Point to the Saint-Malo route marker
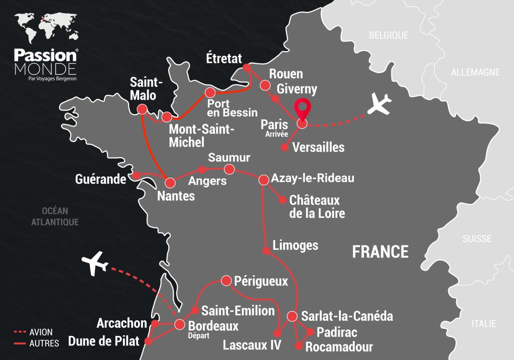click(x=142, y=109)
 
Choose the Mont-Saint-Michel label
click(x=201, y=136)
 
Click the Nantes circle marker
click(x=170, y=182)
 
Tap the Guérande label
click(x=100, y=179)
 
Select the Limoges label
click(x=295, y=245)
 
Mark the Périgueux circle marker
click(x=226, y=280)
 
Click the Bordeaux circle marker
click(x=180, y=325)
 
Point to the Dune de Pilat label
click(x=104, y=341)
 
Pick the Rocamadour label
click(x=339, y=346)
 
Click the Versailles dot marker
click(x=284, y=148)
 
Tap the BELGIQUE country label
click(x=389, y=35)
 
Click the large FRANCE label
click(x=380, y=251)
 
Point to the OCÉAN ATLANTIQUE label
click(x=55, y=216)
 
